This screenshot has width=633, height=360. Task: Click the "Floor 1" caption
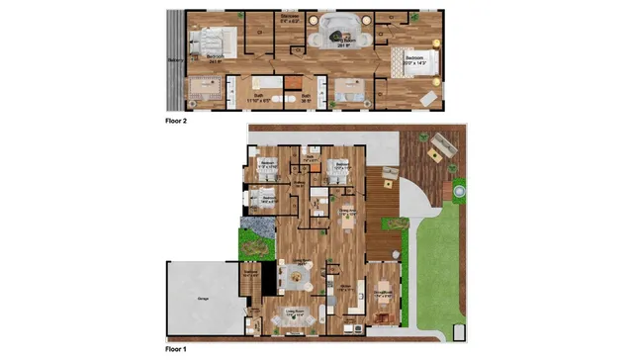[178, 349]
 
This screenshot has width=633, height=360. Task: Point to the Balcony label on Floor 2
[176, 59]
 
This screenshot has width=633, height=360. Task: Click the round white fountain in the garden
[459, 188]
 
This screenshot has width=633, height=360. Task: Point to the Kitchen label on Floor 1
[345, 286]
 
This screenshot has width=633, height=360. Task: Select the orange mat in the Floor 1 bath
[316, 207]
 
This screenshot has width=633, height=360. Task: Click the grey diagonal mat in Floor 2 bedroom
[429, 98]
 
